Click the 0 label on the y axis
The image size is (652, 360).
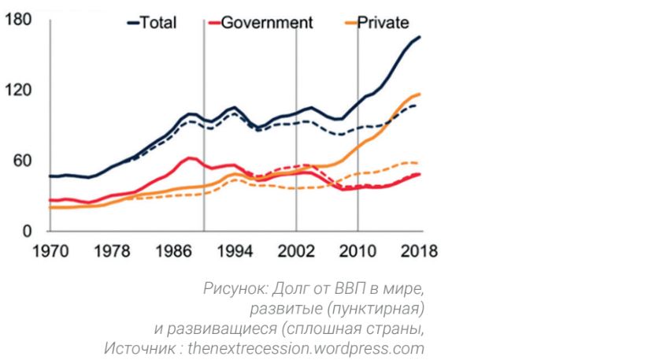tap(26, 231)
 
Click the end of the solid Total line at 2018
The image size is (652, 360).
tap(420, 37)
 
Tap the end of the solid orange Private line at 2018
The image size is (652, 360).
tap(420, 95)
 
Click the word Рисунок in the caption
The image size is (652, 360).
tap(228, 291)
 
